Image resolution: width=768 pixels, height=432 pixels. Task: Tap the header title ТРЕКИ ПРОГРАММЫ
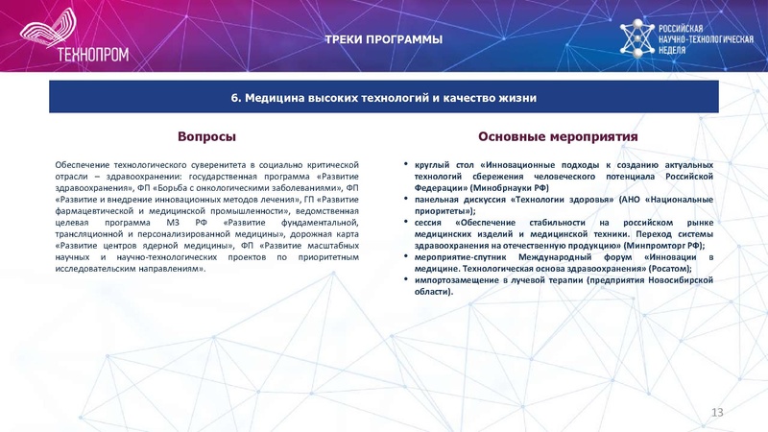click(x=383, y=39)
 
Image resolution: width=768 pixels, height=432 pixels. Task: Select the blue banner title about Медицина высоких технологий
click(x=383, y=98)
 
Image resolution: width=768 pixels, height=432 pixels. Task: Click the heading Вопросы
click(x=206, y=137)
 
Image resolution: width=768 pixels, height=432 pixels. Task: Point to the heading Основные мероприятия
click(x=558, y=137)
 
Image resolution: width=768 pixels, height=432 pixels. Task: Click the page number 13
click(x=716, y=412)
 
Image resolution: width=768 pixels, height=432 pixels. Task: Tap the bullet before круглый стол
click(x=407, y=166)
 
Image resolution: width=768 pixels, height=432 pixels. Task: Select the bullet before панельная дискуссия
click(x=407, y=200)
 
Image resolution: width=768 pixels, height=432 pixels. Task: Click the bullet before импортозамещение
click(x=407, y=279)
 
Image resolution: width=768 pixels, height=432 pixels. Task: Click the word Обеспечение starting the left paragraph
click(x=82, y=166)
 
